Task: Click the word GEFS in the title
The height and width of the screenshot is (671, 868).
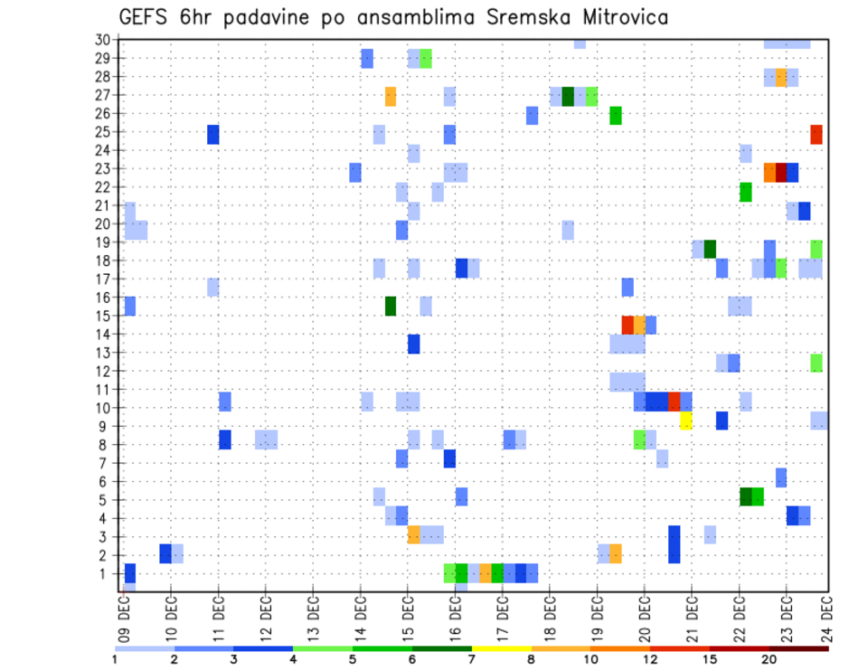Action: [x=146, y=17]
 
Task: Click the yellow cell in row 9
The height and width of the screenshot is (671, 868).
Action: [x=685, y=421]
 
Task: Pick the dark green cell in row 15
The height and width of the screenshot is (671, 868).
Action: [x=391, y=306]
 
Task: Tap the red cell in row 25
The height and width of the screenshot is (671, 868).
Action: [x=816, y=134]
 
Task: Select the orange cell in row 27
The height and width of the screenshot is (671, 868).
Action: [x=391, y=96]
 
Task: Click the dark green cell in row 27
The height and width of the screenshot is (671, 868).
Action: [x=568, y=96]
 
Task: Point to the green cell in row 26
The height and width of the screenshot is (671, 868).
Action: [x=616, y=115]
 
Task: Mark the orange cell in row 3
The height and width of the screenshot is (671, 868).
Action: [x=414, y=534]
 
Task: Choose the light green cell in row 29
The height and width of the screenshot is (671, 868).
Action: [x=426, y=58]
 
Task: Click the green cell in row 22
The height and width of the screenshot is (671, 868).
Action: [x=746, y=192]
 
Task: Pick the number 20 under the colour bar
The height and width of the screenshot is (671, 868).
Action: [x=769, y=659]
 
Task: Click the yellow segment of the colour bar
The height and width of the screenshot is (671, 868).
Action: [x=502, y=647]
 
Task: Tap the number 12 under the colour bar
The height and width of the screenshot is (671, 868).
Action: [x=651, y=659]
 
